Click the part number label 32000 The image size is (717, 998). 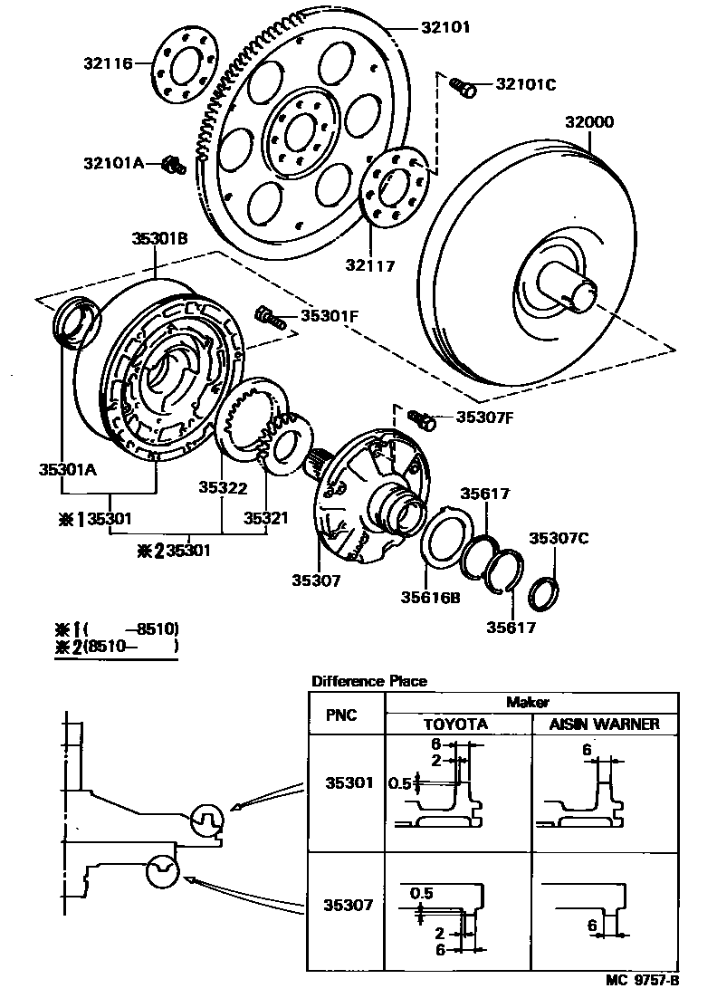[589, 121]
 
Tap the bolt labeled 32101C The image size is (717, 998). [463, 86]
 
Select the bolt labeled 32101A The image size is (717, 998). [173, 165]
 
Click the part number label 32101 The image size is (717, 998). [445, 28]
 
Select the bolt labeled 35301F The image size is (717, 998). [266, 316]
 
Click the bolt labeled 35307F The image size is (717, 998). [421, 418]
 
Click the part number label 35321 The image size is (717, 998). [265, 518]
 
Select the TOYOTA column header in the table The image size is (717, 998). [456, 725]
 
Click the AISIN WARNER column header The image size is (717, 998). [605, 725]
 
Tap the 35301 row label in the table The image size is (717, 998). [348, 782]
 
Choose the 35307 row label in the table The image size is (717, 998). [348, 904]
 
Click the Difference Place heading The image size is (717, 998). [368, 681]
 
